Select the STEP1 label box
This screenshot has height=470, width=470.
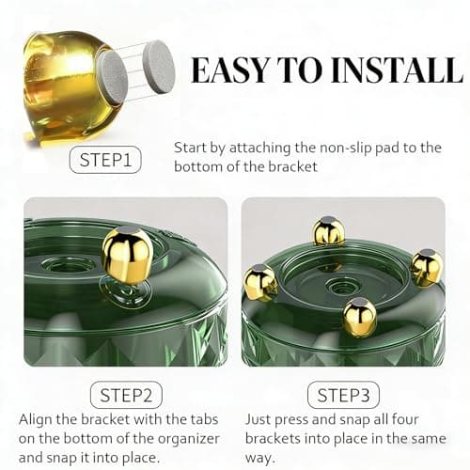tap(105, 160)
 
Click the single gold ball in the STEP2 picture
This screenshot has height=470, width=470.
tap(127, 252)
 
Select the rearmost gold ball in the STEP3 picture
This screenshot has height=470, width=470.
tap(328, 230)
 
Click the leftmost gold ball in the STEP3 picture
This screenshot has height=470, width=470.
tap(260, 281)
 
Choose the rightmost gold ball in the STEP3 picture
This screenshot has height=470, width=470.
tap(426, 267)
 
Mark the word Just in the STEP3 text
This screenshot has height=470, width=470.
tap(258, 419)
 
